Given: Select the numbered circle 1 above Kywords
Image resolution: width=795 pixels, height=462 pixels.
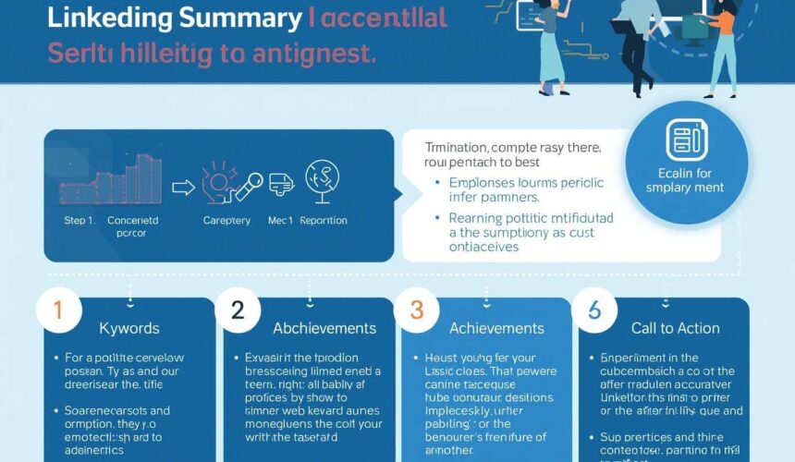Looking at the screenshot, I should point(57,312).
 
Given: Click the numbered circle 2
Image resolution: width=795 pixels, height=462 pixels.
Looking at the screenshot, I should point(237,312).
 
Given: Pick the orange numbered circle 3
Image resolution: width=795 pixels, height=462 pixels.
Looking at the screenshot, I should point(416,312).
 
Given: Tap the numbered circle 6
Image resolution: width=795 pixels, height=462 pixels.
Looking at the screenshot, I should point(594,312).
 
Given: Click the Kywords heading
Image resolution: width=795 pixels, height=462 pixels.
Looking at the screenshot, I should point(129,328).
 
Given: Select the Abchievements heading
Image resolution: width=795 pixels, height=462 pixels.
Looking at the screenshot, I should point(324,328).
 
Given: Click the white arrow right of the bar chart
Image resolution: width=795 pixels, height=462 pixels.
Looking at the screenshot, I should point(184,188).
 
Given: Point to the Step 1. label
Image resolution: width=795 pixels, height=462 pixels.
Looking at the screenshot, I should point(79,221).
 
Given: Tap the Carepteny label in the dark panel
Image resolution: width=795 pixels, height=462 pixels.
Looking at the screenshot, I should point(227,221).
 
